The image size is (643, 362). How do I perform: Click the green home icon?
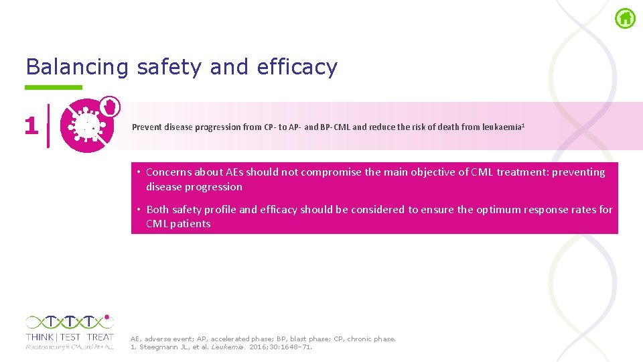pyautogui.click(x=625, y=19)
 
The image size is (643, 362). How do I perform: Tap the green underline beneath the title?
pyautogui.click(x=54, y=87)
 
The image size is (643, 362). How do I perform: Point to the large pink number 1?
pyautogui.click(x=31, y=125)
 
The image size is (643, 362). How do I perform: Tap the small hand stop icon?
pyautogui.click(x=111, y=106)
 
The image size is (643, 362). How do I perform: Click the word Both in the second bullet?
pyautogui.click(x=157, y=210)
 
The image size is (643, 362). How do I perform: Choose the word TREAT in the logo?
pyautogui.click(x=100, y=337)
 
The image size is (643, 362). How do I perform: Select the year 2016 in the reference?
pyautogui.click(x=261, y=347)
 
